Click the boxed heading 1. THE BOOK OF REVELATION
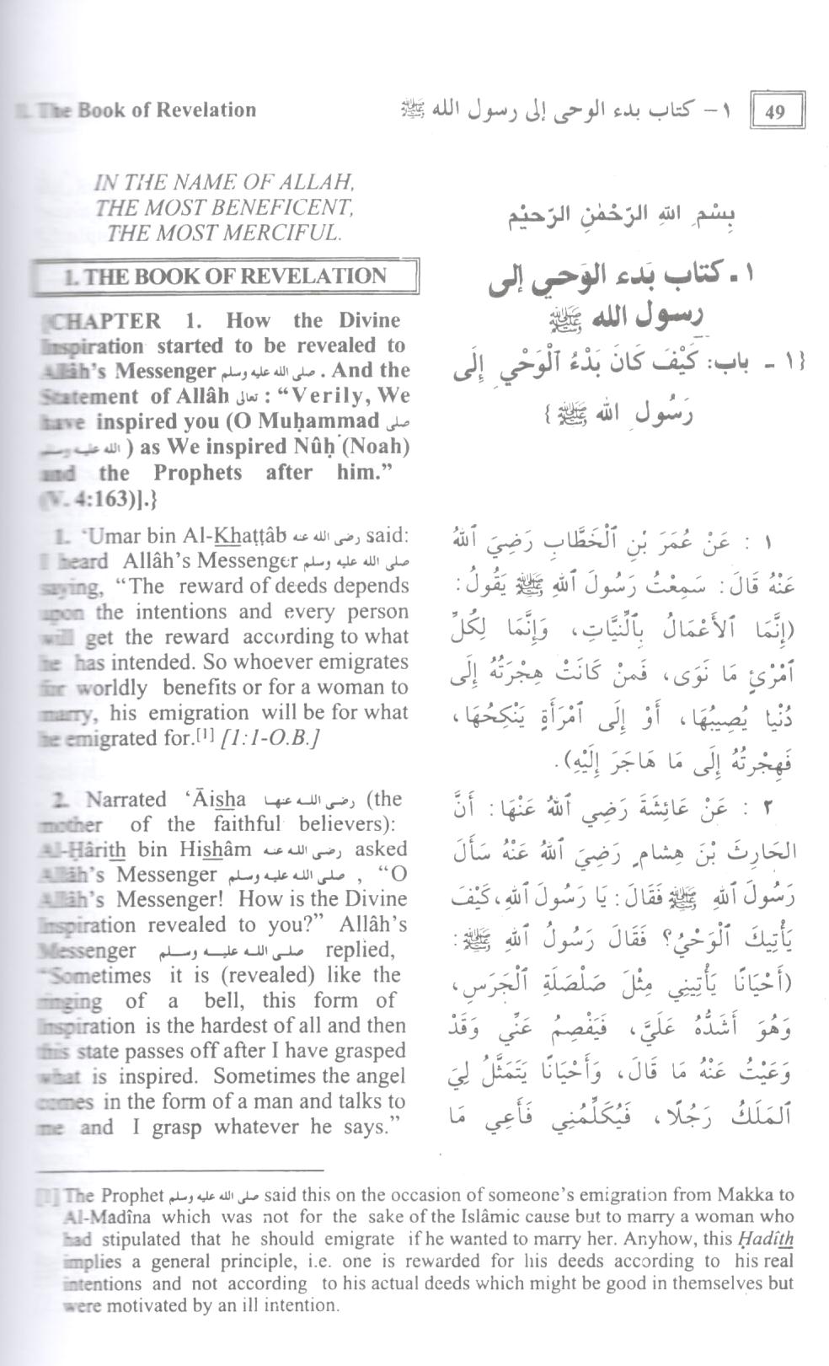tap(225, 276)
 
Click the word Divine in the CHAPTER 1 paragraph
tap(368, 320)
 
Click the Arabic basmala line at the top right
tap(622, 217)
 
